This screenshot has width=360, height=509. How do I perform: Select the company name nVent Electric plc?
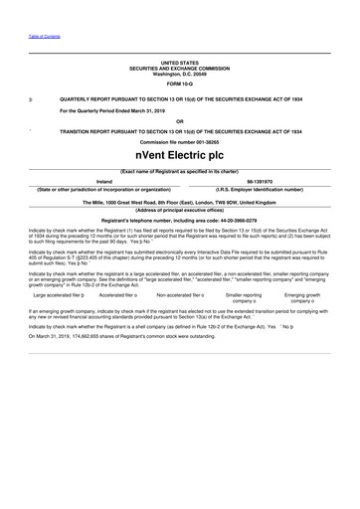180,157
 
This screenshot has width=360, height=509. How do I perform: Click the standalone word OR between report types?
180,120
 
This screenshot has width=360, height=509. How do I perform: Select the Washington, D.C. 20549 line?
180,74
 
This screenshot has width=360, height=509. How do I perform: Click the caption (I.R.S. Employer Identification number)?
261,189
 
